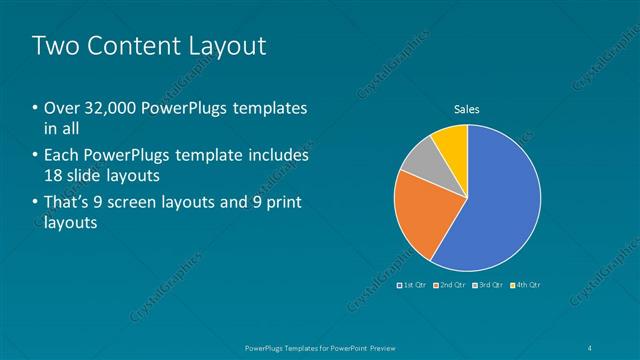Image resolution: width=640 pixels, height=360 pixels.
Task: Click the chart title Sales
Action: click(468, 109)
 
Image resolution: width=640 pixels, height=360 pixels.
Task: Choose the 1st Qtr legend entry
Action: click(413, 285)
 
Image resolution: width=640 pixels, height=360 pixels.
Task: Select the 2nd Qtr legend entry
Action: click(451, 285)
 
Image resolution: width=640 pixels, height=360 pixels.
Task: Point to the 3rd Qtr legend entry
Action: click(488, 285)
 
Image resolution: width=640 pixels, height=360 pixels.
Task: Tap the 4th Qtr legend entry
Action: click(525, 285)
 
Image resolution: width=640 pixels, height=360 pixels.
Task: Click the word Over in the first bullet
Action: click(62, 108)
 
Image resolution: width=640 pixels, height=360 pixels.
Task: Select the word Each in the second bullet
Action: click(61, 155)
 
